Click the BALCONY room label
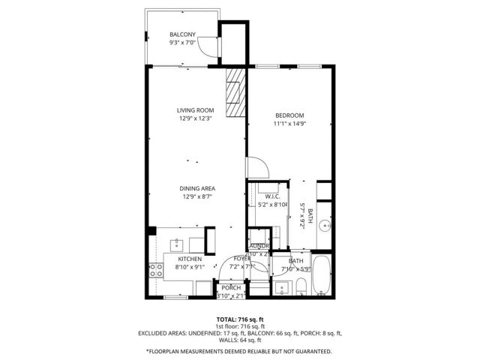click(182, 34)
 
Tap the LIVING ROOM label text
click(196, 109)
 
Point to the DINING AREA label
click(197, 188)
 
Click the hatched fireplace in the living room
click(235, 93)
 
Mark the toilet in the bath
click(300, 285)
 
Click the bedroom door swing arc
click(256, 166)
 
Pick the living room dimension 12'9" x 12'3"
click(196, 118)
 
